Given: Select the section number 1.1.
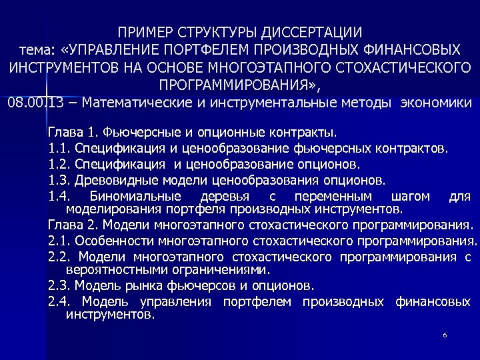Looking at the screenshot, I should [x=59, y=147].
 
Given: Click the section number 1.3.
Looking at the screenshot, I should [x=59, y=179].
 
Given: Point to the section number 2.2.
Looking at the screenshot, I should [x=59, y=257].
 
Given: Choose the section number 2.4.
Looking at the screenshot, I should [x=59, y=303].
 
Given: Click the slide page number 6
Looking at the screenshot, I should [x=444, y=334].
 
